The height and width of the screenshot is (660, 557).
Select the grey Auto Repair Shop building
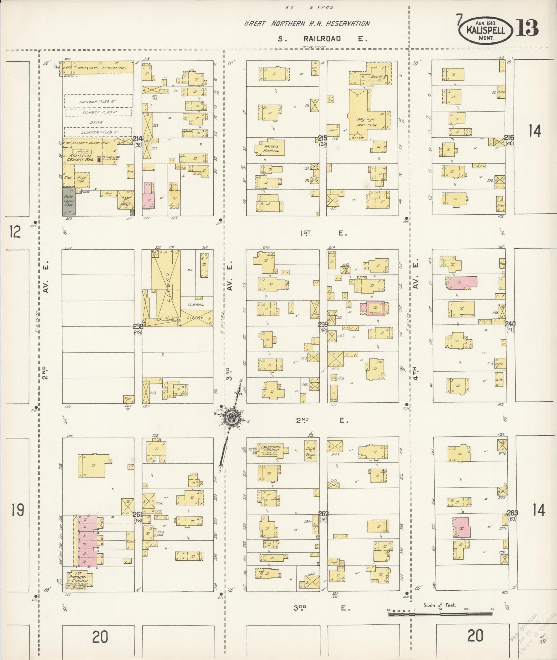pos(69,202)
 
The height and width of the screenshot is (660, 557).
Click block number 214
pos(137,139)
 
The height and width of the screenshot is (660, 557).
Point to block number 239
pos(323,324)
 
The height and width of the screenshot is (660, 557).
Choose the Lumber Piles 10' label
pos(98,101)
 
